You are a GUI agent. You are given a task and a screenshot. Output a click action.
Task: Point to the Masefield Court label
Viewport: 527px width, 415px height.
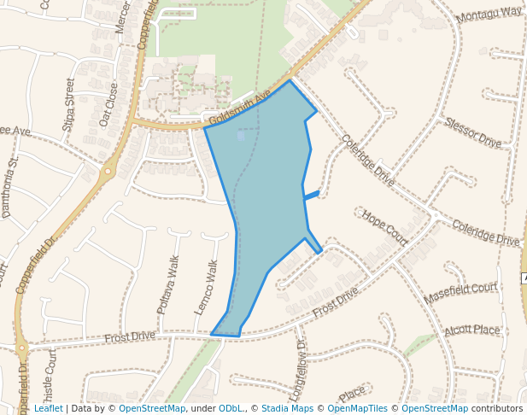(460, 294)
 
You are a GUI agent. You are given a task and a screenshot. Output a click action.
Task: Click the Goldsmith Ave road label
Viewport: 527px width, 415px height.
(240, 105)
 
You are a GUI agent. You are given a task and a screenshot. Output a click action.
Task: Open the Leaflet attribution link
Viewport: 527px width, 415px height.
(48, 408)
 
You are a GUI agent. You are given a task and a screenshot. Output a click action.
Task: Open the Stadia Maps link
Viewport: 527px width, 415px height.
(287, 408)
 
